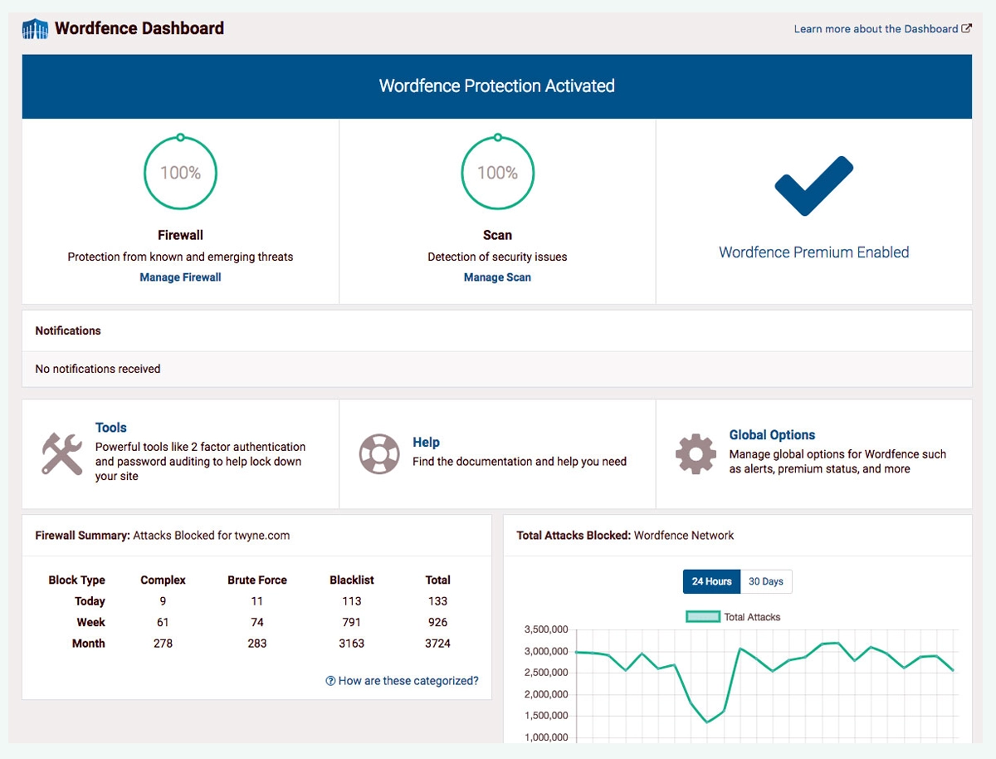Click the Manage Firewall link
[x=180, y=277]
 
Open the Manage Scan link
[x=497, y=277]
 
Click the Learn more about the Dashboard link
[x=882, y=29]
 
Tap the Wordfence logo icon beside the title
[x=35, y=29]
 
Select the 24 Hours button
[x=711, y=581]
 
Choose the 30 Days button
[x=765, y=581]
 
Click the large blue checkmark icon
[x=813, y=186]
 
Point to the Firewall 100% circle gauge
[x=180, y=173]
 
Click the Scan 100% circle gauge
[x=497, y=173]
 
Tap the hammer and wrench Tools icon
[x=62, y=454]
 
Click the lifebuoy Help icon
[x=379, y=454]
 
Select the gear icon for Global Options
[x=696, y=454]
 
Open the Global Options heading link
[x=772, y=435]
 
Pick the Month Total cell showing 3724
[x=437, y=644]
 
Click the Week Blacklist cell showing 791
[x=351, y=622]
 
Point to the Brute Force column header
[x=257, y=580]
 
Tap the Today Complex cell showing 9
[x=164, y=601]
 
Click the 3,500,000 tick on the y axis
[x=545, y=630]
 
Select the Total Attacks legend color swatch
[x=702, y=617]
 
